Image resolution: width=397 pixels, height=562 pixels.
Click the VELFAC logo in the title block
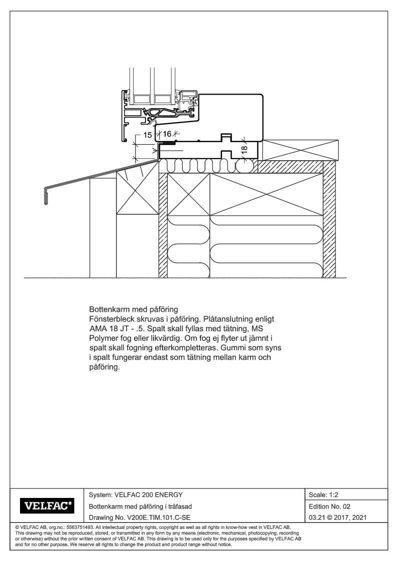click(47, 506)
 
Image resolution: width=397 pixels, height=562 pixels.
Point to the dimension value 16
click(167, 134)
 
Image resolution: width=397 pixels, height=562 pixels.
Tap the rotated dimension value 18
click(244, 149)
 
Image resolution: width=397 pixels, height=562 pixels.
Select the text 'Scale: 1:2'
click(323, 495)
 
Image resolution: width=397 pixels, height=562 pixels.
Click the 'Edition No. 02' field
click(329, 506)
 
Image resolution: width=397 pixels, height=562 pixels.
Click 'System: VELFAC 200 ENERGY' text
click(135, 495)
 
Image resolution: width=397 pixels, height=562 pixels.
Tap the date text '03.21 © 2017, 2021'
click(337, 517)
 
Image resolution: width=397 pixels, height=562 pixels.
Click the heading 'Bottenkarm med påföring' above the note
click(133, 309)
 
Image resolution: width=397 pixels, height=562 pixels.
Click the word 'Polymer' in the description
click(102, 338)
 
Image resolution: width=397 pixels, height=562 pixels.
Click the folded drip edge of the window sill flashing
click(46, 196)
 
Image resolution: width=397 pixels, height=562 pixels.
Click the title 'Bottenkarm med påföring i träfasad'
click(140, 506)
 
